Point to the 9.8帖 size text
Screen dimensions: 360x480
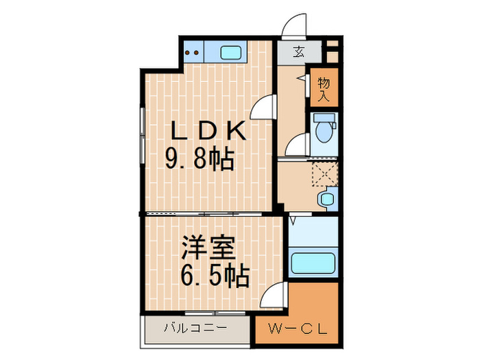[200, 160]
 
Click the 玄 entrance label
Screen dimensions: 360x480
[300, 51]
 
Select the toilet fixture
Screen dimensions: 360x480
[322, 130]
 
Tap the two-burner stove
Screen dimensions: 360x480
[193, 51]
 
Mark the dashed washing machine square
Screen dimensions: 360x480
[323, 173]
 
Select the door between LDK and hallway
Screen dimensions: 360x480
[264, 108]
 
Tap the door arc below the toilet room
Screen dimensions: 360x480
[296, 145]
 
